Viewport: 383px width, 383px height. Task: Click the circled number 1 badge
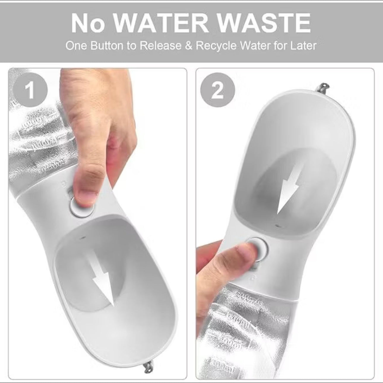pos(31,91)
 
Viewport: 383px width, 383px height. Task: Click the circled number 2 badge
pos(218,91)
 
